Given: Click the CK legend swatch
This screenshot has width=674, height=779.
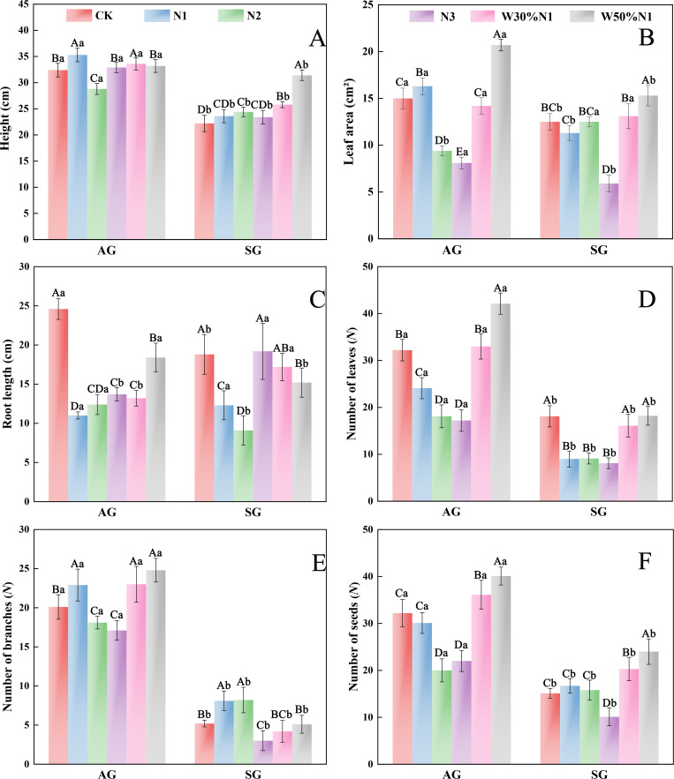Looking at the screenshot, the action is pos(80,15).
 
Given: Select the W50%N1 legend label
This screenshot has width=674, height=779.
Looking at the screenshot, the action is pos(626,17).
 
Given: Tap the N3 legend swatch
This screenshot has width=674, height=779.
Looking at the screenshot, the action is pos(422,17).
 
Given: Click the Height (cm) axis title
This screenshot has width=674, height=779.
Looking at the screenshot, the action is pos(6,119).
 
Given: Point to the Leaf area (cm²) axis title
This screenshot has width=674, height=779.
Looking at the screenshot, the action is pos(350,122).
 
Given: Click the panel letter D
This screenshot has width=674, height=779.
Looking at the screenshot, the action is pos(647,299).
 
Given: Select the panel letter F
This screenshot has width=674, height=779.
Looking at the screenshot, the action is pos(645,561).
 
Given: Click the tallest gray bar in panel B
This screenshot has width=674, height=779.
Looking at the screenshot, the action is pos(500,142).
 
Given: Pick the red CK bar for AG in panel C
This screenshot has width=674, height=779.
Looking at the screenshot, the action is pos(58,405).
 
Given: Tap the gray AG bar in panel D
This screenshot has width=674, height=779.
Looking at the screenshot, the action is pos(500,402).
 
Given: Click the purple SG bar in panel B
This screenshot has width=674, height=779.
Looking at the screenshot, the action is pos(609,211).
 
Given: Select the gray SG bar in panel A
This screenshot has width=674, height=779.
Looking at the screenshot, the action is pos(302,157).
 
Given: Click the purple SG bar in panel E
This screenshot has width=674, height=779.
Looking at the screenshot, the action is pos(262,753).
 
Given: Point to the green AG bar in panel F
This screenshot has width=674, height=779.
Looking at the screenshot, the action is pos(442,717).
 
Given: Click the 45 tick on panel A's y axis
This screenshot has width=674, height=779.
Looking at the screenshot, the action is pos(23,4).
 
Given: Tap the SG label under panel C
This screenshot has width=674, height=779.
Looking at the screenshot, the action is pos(253,513).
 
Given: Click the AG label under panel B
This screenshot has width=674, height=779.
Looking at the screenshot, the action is pos(451,250).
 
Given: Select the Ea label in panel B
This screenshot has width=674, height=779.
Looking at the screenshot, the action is pos(462,152).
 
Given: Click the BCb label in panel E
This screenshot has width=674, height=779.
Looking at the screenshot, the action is pos(281,715).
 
